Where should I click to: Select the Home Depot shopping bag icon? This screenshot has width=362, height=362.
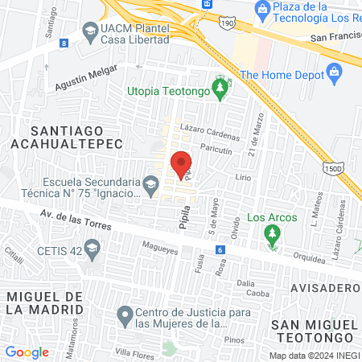tap(337, 73)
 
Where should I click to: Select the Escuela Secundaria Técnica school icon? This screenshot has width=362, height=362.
tap(150, 187)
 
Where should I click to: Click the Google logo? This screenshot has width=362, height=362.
tap(27, 352)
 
